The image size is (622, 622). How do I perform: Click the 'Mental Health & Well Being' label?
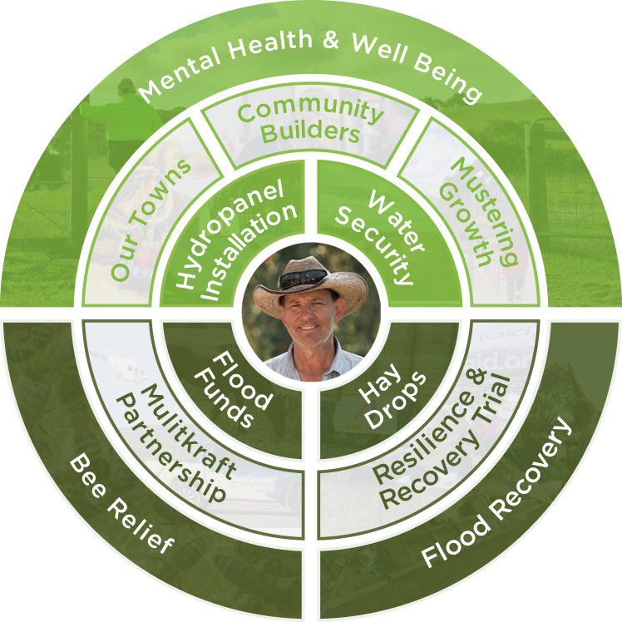(309, 67)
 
